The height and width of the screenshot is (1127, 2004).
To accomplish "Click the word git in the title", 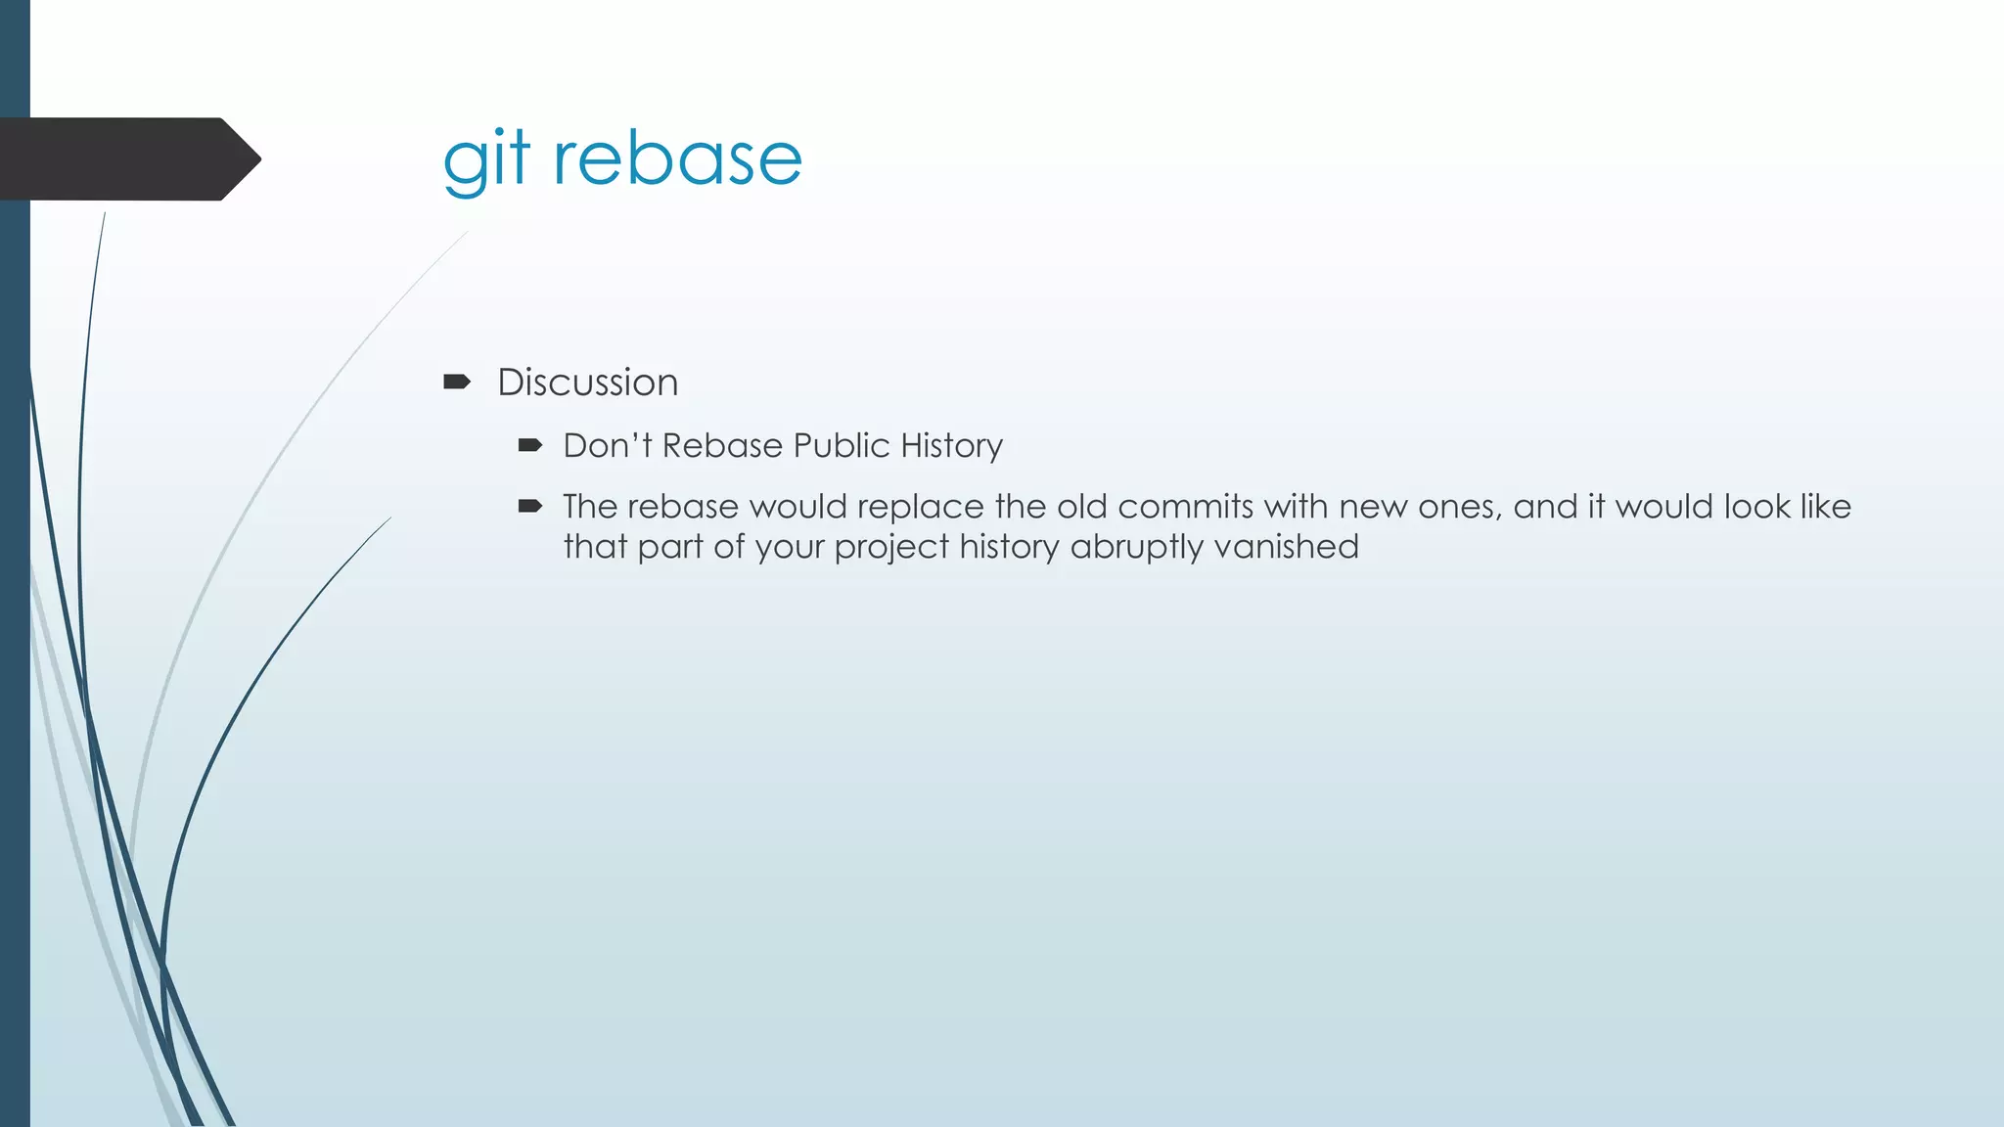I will (486, 159).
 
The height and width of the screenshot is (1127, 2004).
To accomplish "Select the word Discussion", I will (587, 383).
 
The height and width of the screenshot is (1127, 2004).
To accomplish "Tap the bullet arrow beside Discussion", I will (457, 382).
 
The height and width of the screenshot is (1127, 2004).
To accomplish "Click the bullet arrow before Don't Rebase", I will (530, 446).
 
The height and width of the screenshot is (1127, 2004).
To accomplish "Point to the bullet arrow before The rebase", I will (530, 506).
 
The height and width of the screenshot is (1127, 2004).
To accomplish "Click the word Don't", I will (607, 446).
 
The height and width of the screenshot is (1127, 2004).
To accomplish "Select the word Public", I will (842, 446).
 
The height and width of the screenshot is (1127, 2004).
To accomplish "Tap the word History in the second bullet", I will (951, 446).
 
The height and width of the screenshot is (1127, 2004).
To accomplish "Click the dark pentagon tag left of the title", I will (127, 158).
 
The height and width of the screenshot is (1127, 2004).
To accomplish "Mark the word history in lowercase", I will (1009, 547).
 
